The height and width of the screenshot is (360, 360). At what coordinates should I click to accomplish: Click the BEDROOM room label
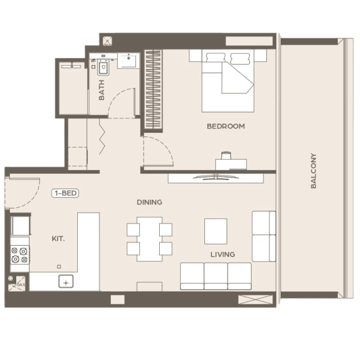pos(226,126)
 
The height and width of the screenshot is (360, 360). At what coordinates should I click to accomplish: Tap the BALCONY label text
pos(314,171)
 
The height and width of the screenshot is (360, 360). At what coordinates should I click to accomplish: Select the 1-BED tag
pos(65,193)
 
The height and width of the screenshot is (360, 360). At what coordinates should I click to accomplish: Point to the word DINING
pos(149,202)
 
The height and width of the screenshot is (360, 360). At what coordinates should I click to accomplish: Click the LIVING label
pos(223,254)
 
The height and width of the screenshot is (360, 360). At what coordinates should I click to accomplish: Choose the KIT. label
pos(58,239)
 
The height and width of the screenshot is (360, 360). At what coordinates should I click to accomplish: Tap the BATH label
pos(101,90)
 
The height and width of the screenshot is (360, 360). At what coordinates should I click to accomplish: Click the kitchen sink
pos(66,281)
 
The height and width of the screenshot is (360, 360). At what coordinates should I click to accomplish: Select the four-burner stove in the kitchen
pos(20,255)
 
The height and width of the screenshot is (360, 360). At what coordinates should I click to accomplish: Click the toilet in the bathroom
pos(103,67)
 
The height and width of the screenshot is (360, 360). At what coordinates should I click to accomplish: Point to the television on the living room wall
pos(215,177)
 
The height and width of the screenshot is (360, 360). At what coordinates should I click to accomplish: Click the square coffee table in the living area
pos(216,231)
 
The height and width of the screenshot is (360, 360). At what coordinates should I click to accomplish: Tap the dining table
pos(149,239)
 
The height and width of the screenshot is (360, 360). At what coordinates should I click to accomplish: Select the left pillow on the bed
pos(215,57)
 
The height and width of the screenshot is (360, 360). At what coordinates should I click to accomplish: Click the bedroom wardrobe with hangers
pos(153,89)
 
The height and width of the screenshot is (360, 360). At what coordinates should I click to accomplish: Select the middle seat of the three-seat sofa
pos(216,276)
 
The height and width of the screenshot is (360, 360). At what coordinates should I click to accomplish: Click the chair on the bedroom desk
pos(226,156)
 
